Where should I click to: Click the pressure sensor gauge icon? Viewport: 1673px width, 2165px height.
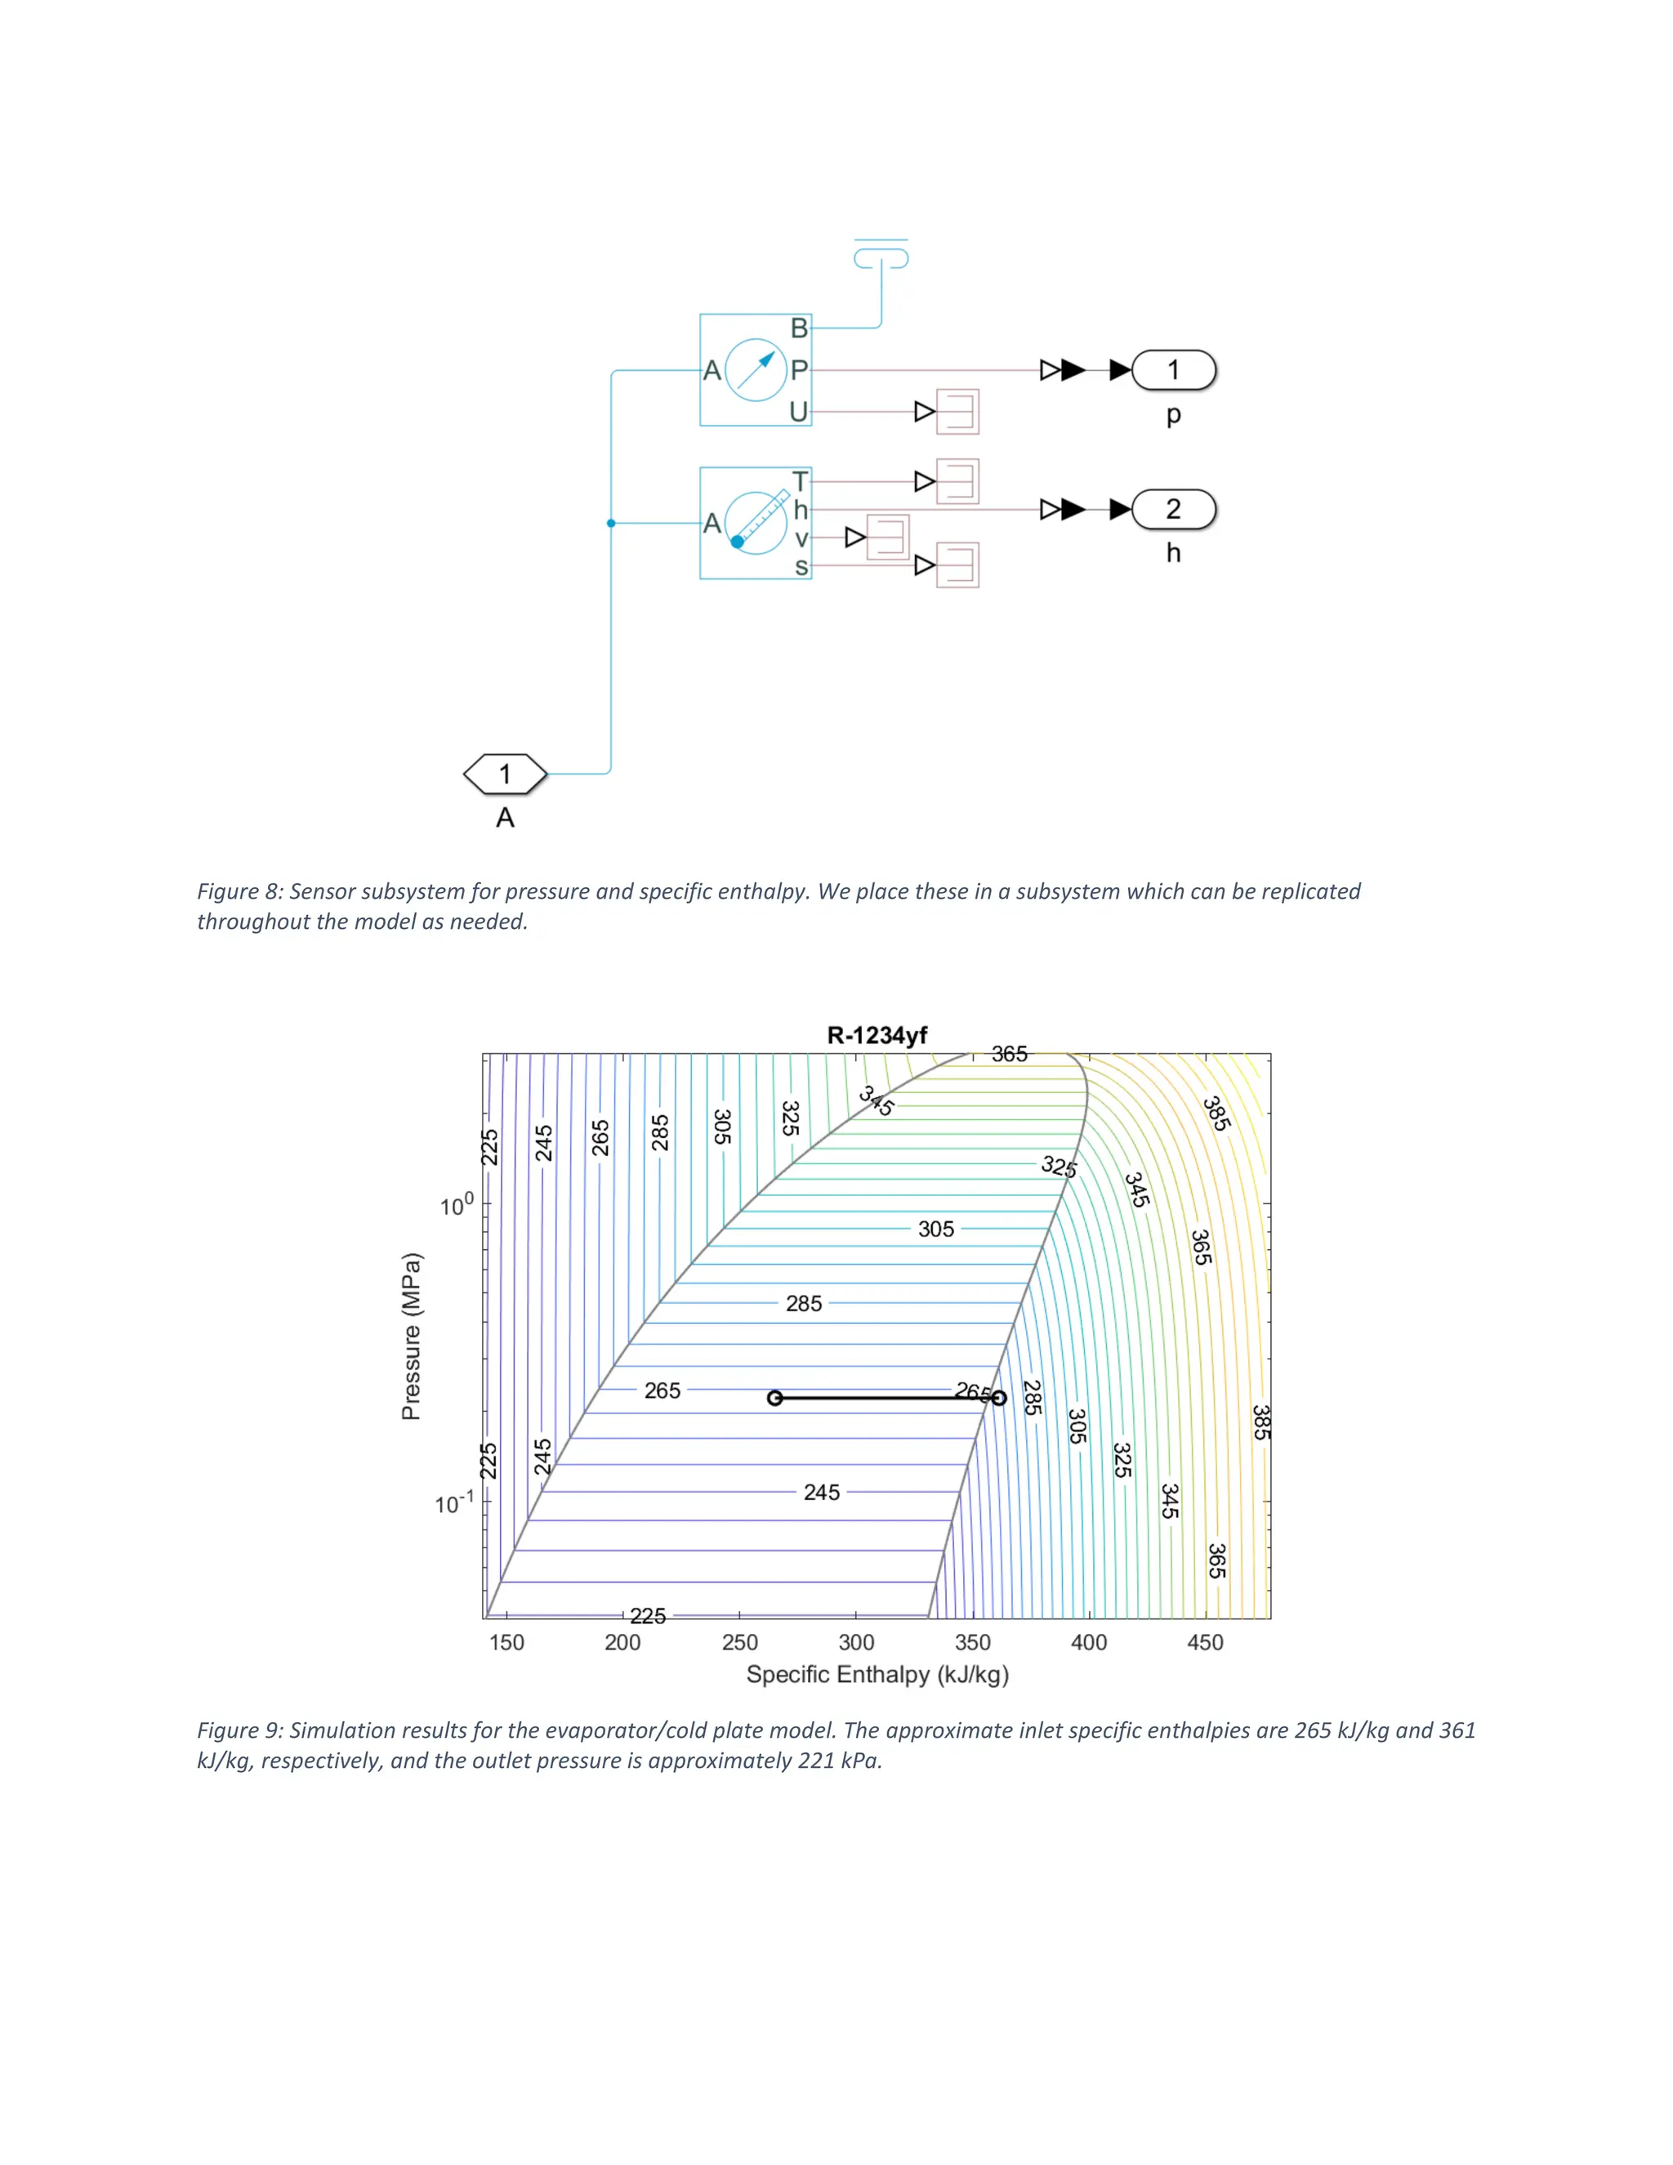click(x=756, y=370)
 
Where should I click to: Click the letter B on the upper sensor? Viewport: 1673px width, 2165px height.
click(x=799, y=328)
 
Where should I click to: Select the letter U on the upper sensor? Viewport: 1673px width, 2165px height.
click(x=799, y=412)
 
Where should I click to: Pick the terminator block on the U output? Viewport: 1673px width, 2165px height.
click(x=957, y=412)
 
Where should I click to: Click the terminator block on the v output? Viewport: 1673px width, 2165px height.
click(x=887, y=538)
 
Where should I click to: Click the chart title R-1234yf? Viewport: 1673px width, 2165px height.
click(x=877, y=1036)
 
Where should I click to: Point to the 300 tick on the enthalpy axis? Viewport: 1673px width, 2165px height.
click(x=856, y=1643)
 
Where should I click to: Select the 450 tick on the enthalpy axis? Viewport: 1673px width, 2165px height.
click(x=1205, y=1643)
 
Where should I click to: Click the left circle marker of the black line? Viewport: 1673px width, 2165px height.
click(x=775, y=1398)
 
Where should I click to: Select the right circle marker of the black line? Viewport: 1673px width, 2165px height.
click(x=999, y=1398)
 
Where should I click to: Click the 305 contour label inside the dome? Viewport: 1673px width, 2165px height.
click(x=935, y=1230)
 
